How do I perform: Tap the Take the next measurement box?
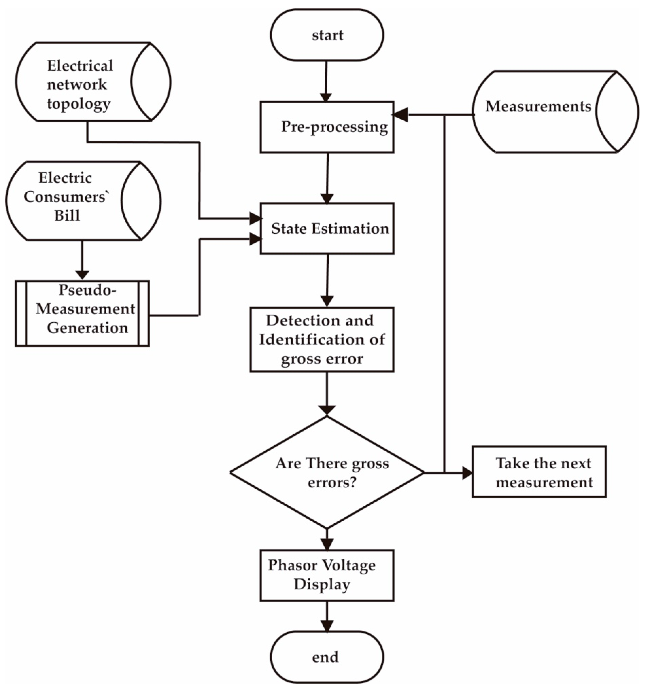tap(539, 472)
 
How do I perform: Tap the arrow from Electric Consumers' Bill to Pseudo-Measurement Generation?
tap(82, 260)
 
